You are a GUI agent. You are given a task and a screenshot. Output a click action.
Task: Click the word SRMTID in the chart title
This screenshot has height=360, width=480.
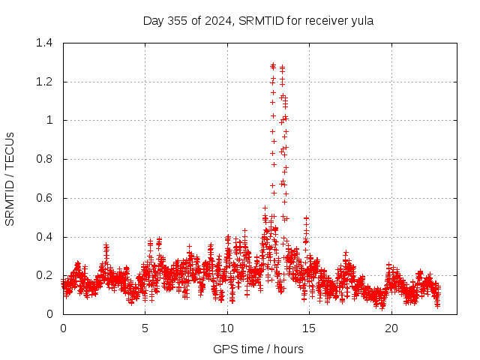(260, 21)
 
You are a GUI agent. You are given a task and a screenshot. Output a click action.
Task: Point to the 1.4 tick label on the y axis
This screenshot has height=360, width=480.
(44, 43)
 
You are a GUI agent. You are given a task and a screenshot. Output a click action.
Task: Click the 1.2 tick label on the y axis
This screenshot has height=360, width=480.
(44, 82)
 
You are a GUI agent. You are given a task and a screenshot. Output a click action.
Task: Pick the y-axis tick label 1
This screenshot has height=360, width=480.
(49, 120)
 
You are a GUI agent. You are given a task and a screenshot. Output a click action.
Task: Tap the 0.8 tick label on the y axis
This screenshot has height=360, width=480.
(44, 159)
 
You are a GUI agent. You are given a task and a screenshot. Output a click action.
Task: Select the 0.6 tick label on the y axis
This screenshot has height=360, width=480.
(44, 198)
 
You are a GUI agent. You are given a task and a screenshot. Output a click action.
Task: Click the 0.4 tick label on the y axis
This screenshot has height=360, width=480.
(44, 237)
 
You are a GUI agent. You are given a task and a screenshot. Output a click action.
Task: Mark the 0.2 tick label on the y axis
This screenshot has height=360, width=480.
(44, 275)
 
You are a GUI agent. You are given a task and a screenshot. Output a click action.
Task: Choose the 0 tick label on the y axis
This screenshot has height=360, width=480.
(49, 314)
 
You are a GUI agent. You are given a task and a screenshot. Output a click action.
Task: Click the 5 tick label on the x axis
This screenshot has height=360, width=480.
(145, 328)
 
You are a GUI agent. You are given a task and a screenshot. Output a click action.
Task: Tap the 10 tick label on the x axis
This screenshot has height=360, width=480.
(227, 328)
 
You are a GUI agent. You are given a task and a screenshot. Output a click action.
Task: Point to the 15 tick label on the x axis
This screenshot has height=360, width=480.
(309, 328)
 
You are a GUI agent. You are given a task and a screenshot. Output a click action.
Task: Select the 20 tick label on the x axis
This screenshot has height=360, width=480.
(391, 328)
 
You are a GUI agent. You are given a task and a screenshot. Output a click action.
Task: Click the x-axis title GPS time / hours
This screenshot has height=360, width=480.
(259, 349)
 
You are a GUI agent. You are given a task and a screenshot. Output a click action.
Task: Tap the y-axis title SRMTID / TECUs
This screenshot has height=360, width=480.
(10, 178)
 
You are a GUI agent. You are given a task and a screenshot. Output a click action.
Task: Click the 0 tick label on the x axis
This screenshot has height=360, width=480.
(63, 328)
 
